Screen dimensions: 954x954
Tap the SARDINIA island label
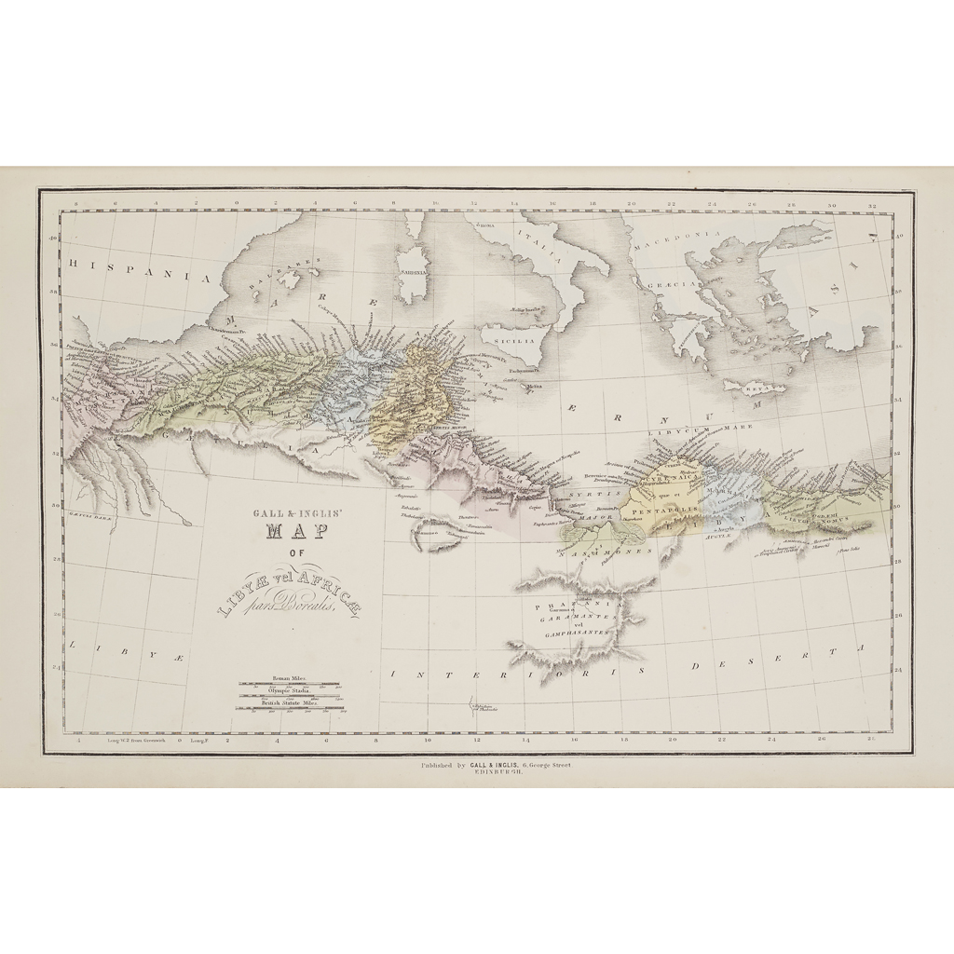coord(413,273)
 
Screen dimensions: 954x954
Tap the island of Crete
coord(755,386)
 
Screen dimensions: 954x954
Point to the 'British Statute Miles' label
coord(290,703)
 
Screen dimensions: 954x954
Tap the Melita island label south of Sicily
coord(534,386)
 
